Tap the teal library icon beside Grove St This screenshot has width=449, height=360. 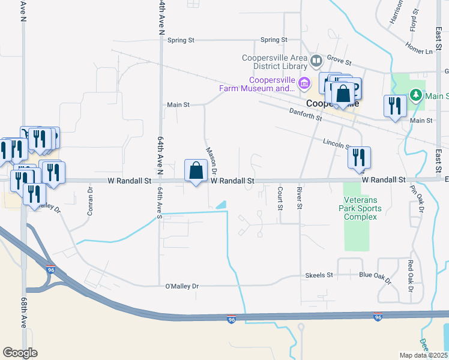316,60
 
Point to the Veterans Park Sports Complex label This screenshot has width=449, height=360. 361,208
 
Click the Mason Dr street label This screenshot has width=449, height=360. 211,161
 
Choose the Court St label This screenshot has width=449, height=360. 280,198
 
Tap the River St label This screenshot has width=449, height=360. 299,198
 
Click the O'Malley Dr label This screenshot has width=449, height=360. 181,286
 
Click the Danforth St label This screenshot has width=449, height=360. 306,114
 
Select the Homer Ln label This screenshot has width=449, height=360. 418,48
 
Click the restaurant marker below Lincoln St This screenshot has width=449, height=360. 359,157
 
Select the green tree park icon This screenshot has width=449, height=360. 415,95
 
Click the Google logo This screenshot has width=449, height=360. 20,352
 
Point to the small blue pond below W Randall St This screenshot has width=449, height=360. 221,205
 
